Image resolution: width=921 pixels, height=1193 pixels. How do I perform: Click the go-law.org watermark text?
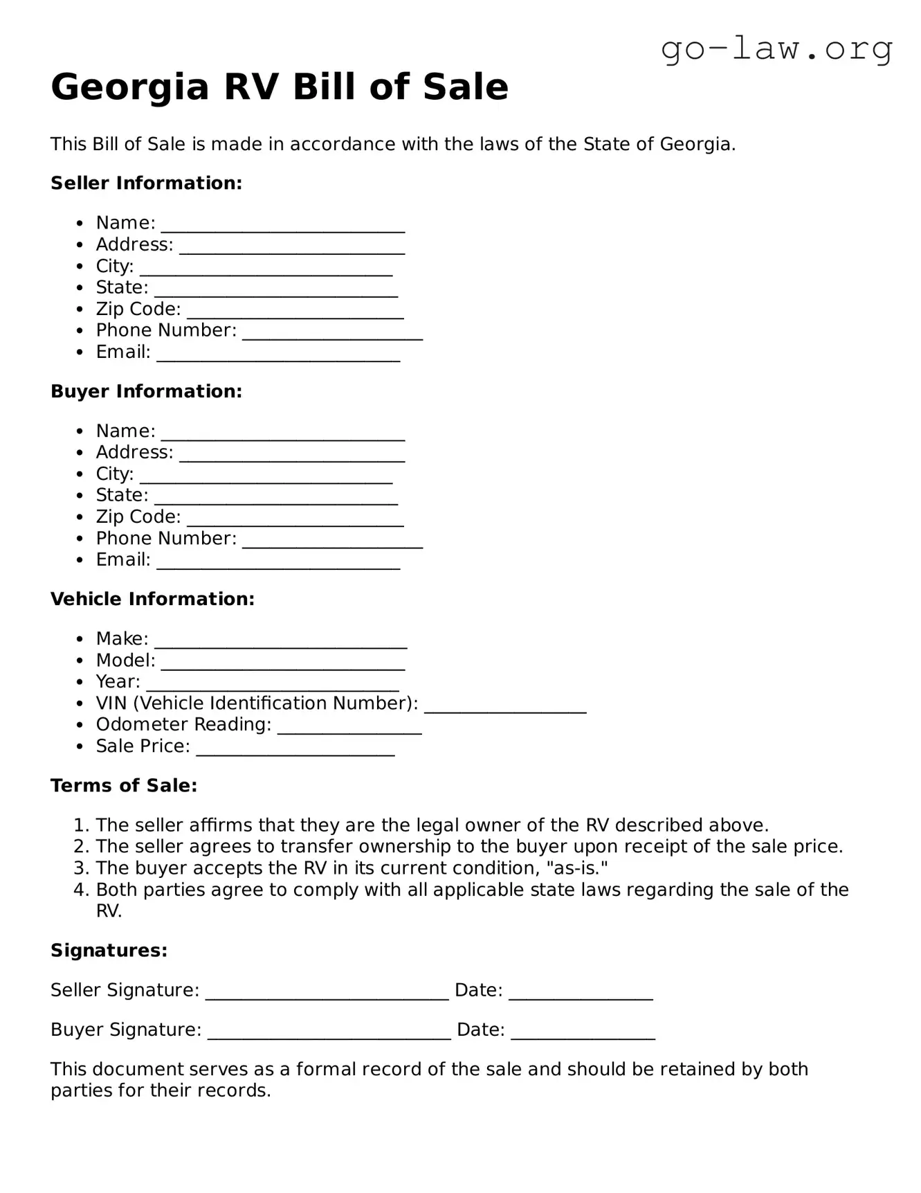pyautogui.click(x=776, y=50)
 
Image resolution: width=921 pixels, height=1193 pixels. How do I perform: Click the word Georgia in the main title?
pyautogui.click(x=129, y=88)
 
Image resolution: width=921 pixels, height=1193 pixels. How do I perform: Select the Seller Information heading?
pyautogui.click(x=146, y=183)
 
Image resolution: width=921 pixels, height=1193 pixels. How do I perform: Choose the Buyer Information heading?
pyautogui.click(x=146, y=391)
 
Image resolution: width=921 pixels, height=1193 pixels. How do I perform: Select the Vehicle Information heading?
pyautogui.click(x=152, y=599)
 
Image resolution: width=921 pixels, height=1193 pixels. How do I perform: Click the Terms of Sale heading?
pyautogui.click(x=124, y=786)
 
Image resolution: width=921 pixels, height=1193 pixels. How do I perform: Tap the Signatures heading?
pyautogui.click(x=109, y=951)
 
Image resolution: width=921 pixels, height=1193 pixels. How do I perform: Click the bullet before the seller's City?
pyautogui.click(x=80, y=267)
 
